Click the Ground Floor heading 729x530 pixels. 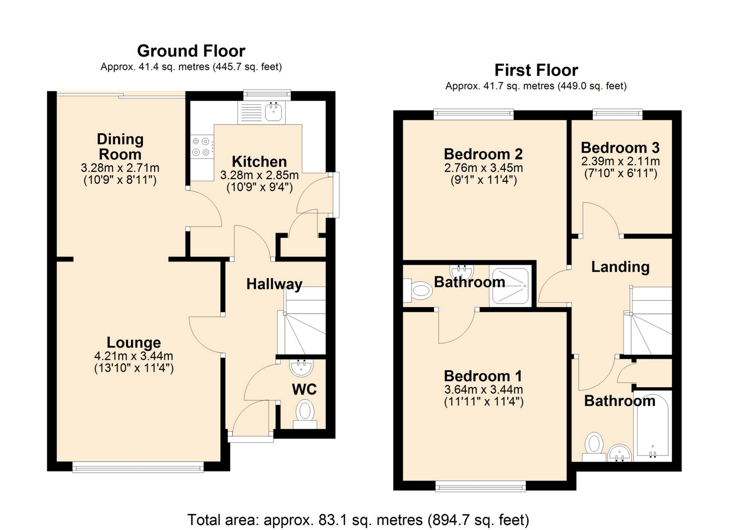tap(191, 51)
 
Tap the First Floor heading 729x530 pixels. tap(536, 70)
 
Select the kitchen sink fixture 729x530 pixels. tap(273, 112)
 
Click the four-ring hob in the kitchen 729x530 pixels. tap(201, 147)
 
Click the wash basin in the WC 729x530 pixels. tap(301, 367)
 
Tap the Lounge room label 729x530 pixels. tap(134, 342)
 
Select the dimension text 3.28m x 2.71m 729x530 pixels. tap(120, 167)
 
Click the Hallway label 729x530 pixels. tap(274, 284)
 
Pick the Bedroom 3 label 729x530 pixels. tap(620, 148)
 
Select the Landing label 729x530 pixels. tap(620, 267)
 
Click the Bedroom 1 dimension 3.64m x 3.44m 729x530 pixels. tap(483, 390)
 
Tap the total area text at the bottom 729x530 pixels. tap(358, 520)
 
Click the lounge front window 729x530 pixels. tap(138, 467)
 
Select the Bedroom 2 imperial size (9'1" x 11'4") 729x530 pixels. tap(483, 180)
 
